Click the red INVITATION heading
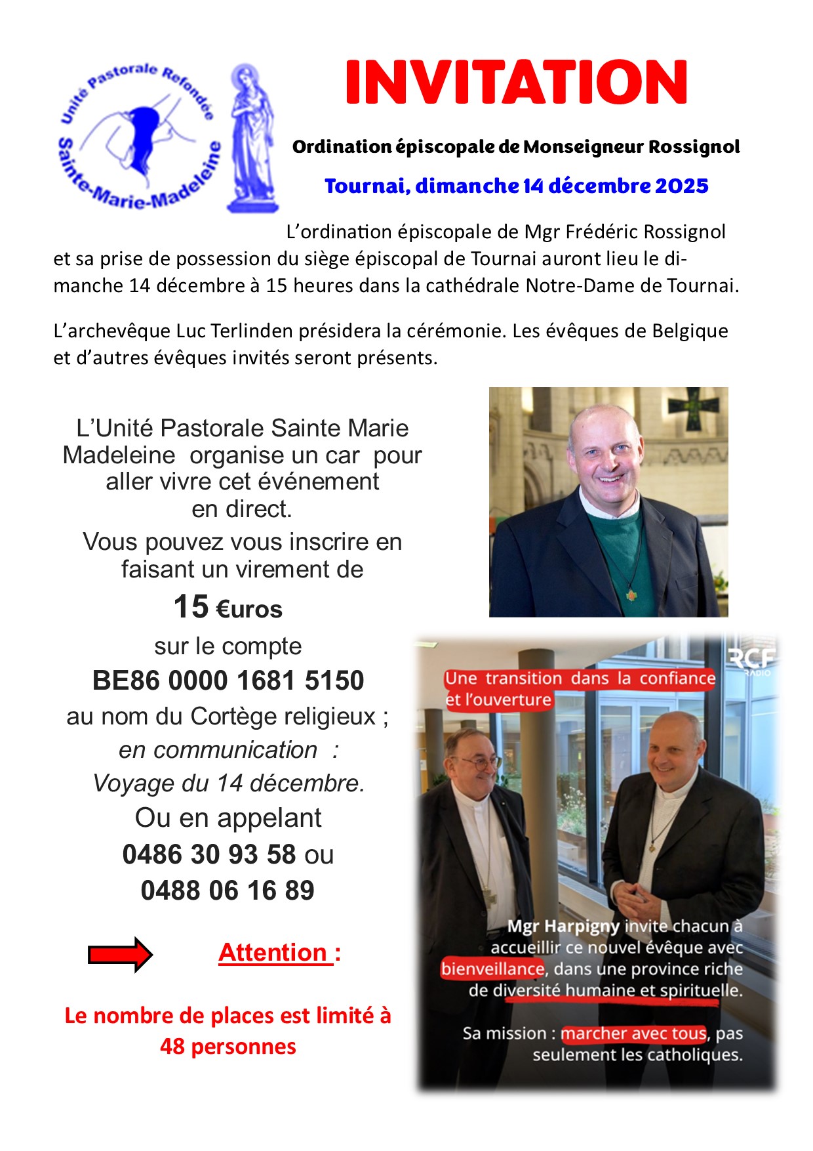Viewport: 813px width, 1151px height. (516, 83)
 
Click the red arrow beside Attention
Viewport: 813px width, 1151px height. (120, 954)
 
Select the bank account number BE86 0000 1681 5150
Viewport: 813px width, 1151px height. (228, 680)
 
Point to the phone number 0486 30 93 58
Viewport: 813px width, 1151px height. (209, 854)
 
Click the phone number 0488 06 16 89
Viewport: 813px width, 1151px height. (228, 890)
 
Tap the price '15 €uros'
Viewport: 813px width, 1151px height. (228, 607)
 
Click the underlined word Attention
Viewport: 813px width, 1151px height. (273, 952)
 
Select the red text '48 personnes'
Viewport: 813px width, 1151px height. (228, 1046)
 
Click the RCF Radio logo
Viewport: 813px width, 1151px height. (752, 660)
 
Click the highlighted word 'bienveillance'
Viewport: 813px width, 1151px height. (492, 969)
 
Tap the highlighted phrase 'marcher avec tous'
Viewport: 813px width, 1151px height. (633, 1034)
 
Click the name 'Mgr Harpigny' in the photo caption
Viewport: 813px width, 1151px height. (563, 926)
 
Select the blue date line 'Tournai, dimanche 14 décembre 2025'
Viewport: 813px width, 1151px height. (516, 186)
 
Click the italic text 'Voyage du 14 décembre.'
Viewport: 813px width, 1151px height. (228, 783)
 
